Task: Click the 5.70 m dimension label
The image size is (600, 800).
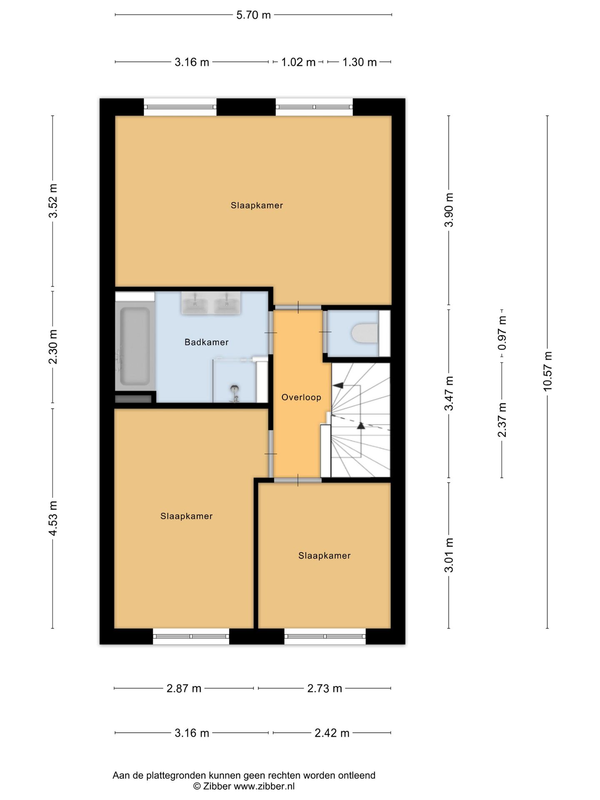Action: [253, 15]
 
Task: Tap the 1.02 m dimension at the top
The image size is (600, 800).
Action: [298, 62]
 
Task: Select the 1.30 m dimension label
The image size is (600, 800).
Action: [360, 62]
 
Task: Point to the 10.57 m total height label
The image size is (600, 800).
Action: [547, 371]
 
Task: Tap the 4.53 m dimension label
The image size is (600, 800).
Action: [53, 518]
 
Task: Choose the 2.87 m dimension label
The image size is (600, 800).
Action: [184, 688]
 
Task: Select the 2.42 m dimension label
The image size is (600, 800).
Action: [332, 733]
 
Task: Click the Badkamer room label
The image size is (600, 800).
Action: [207, 342]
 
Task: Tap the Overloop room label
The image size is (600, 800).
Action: [301, 397]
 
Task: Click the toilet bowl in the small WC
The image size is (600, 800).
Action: [365, 334]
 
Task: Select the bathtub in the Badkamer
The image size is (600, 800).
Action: [135, 346]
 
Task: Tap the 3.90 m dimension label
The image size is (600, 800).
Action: [449, 210]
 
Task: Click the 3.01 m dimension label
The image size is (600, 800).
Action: [449, 555]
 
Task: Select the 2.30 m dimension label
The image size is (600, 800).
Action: [53, 347]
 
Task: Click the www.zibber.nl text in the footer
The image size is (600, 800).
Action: [264, 786]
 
